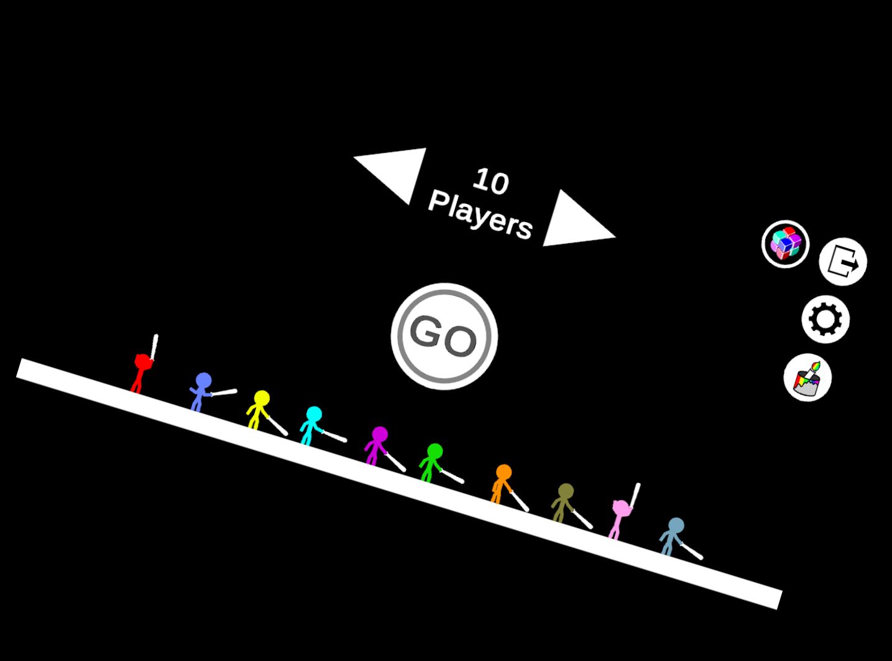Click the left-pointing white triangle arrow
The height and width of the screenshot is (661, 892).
(396, 171)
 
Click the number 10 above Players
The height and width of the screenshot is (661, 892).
(491, 182)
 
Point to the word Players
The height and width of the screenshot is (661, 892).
(480, 216)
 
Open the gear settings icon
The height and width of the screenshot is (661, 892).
(825, 319)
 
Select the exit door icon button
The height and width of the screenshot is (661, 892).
(843, 262)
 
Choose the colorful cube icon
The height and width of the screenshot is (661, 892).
(786, 244)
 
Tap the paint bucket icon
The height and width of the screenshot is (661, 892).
(807, 377)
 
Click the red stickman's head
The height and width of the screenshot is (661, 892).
(143, 362)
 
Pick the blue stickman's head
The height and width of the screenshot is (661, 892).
(203, 381)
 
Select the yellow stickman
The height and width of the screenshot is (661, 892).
(258, 410)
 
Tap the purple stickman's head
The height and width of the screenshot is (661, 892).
(380, 435)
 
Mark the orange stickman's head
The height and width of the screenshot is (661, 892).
(504, 473)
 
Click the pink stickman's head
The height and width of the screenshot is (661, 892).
(622, 508)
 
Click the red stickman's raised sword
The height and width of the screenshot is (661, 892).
(154, 347)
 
